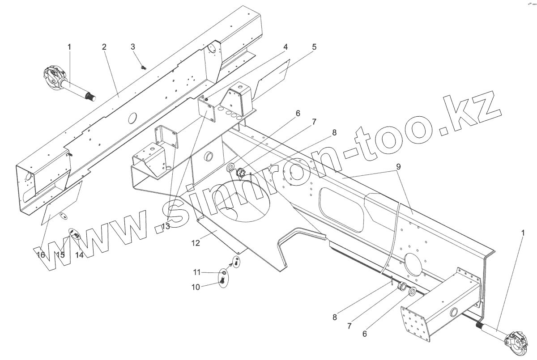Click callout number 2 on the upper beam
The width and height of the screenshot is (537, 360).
(x=104, y=47)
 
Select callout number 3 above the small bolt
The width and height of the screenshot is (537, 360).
(x=133, y=47)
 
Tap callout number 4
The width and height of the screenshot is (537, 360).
(x=285, y=47)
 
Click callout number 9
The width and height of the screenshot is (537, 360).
(x=398, y=166)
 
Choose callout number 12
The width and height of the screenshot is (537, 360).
(x=196, y=243)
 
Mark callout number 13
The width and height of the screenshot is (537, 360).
(x=166, y=226)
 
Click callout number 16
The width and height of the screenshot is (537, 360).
(x=41, y=255)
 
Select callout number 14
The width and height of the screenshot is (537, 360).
(x=79, y=255)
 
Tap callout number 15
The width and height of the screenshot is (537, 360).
(x=60, y=255)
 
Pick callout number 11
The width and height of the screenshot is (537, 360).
(x=197, y=272)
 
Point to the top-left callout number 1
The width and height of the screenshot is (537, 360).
(x=69, y=47)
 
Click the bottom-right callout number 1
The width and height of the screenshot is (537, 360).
(x=522, y=233)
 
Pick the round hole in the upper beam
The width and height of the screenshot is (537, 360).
(x=132, y=118)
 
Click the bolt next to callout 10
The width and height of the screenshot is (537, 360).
(x=222, y=280)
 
